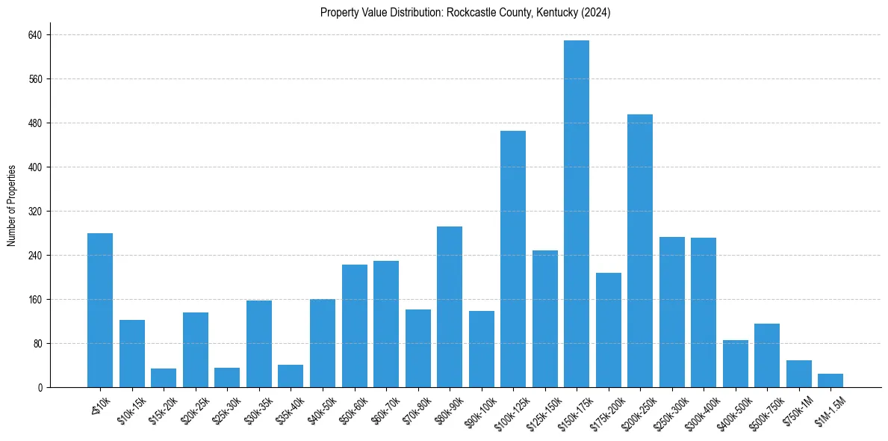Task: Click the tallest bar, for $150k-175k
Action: pos(577,214)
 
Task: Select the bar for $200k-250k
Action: pos(640,251)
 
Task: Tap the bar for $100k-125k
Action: pos(513,259)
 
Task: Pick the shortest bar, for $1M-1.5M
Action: pos(830,380)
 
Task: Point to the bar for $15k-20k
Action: pos(164,378)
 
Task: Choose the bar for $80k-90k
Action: pos(450,307)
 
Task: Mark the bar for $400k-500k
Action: pos(735,364)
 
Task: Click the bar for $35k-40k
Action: pos(291,376)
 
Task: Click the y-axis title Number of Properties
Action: pos(12,206)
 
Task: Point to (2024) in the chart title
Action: pos(597,13)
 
